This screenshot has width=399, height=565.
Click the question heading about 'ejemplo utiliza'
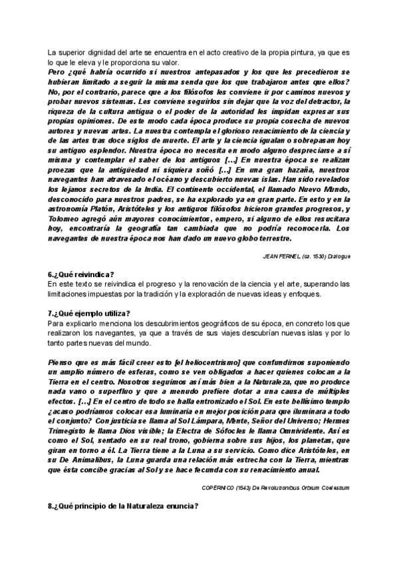coord(88,312)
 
